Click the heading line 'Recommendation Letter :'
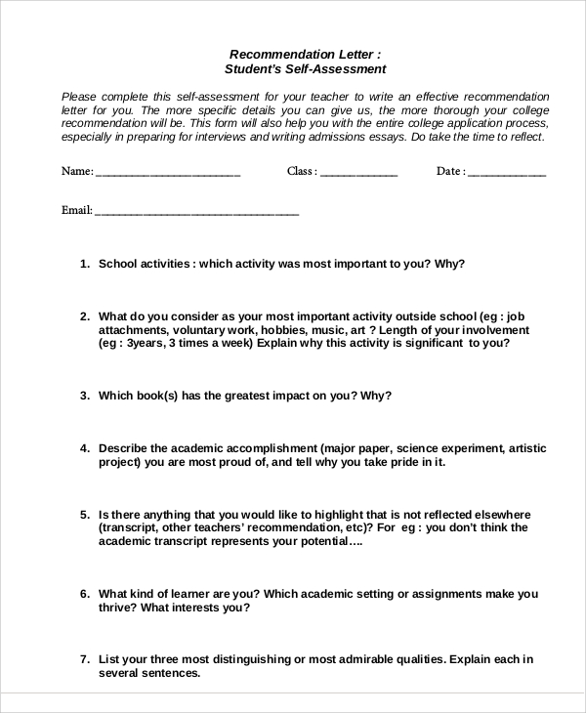click(305, 54)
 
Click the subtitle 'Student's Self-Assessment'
click(305, 69)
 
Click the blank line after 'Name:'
click(168, 174)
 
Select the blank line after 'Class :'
click(358, 174)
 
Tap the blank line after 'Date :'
click(507, 174)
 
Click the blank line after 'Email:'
click(196, 212)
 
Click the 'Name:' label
click(77, 171)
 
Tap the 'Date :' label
click(450, 171)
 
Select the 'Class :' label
click(302, 171)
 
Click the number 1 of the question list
click(84, 264)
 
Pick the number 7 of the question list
click(84, 659)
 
